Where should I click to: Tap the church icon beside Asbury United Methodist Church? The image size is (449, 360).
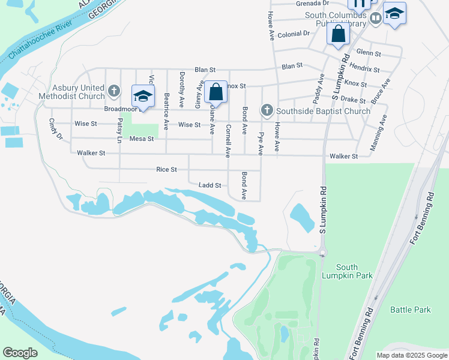113,92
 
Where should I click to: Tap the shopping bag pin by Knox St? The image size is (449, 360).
215,93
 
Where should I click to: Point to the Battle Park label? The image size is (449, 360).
411,310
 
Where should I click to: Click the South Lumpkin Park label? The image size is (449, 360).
354,271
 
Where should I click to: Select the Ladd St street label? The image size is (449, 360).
210,185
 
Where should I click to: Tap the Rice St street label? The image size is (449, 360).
166,170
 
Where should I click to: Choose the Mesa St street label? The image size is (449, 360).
142,139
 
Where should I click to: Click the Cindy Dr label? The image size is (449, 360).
56,128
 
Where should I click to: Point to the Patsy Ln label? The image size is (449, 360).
120,130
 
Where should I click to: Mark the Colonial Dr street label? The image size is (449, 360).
294,34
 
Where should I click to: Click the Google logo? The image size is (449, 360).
20,353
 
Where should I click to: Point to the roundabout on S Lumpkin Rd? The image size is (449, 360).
322,253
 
